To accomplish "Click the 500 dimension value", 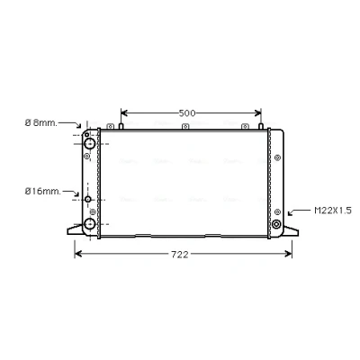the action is pos(187,113).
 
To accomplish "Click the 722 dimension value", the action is pos(180,255).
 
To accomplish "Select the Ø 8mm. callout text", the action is pos(41,122).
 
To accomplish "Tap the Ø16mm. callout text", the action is pos(43,192).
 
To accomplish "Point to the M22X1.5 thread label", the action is pos(333,211).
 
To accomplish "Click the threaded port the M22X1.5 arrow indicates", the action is pos(276,224).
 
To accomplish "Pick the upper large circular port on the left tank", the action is pos(89,143).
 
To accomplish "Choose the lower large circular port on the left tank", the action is pos(90,224).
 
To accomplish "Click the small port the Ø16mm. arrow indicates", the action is pos(88,199).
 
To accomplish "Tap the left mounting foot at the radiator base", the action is pos(75,230).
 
